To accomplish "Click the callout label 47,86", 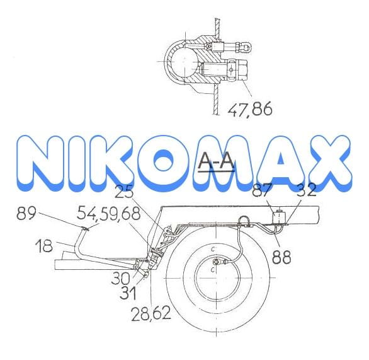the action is (250, 108).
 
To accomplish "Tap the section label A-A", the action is (216, 161).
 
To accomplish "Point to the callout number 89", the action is (26, 213).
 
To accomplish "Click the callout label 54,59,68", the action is (109, 213).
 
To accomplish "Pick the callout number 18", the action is (44, 246).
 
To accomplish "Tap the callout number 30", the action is (120, 278).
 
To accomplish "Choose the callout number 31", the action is (128, 293).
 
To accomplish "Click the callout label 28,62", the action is (151, 314).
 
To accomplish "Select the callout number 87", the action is (262, 190).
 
